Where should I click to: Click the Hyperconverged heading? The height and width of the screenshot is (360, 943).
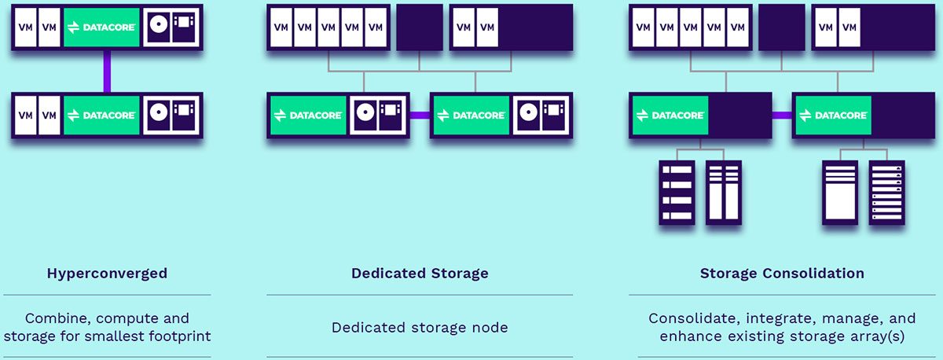pyautogui.click(x=107, y=274)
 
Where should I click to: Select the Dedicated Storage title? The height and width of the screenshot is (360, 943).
pyautogui.click(x=420, y=274)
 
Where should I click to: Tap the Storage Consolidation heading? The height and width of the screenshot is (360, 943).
pyautogui.click(x=782, y=274)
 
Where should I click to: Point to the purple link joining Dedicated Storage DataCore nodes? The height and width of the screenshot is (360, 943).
pyautogui.click(x=420, y=116)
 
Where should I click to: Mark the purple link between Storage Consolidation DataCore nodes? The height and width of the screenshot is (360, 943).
pyautogui.click(x=782, y=116)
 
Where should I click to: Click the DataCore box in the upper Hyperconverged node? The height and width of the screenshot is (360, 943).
pyautogui.click(x=101, y=27)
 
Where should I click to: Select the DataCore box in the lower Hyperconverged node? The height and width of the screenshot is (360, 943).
pyautogui.click(x=101, y=116)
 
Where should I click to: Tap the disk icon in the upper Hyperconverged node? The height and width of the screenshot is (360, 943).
pyautogui.click(x=160, y=27)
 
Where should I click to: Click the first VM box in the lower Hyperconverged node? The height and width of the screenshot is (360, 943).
pyautogui.click(x=25, y=116)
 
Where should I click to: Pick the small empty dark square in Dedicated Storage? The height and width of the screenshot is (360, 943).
pyautogui.click(x=420, y=28)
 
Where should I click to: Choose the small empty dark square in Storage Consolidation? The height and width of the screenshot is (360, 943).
pyautogui.click(x=782, y=28)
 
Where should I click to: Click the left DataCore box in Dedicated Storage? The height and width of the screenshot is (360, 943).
pyautogui.click(x=307, y=116)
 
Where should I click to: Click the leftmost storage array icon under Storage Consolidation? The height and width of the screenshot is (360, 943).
pyautogui.click(x=677, y=192)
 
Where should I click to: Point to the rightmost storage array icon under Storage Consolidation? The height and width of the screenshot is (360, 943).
pyautogui.click(x=886, y=192)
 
